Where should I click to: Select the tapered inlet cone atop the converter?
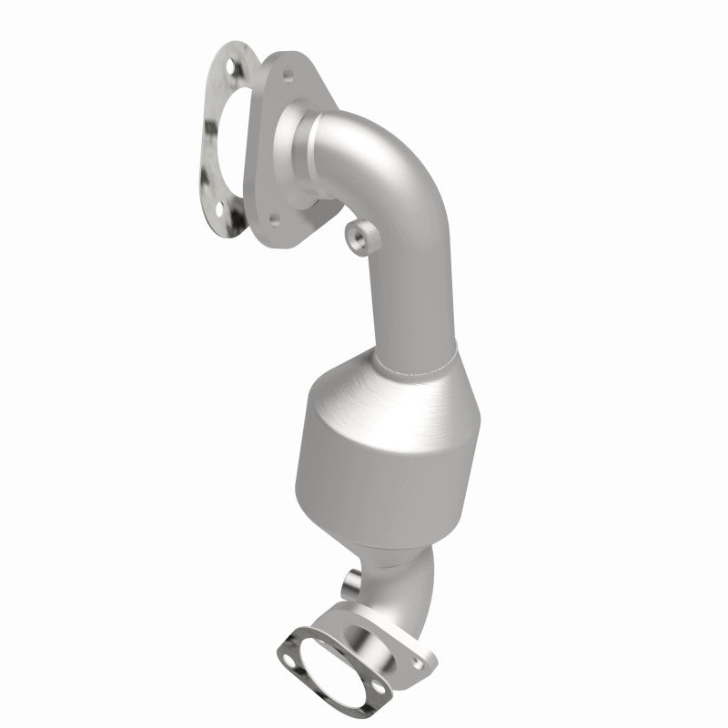coord(382,391)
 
